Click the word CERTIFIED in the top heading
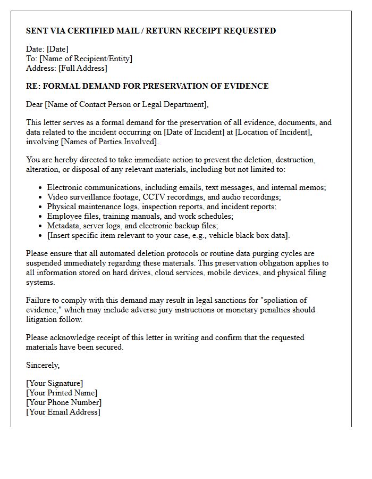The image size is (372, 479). pyautogui.click(x=95, y=31)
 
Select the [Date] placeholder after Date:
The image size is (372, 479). pyautogui.click(x=58, y=49)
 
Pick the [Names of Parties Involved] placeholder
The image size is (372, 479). pyautogui.click(x=109, y=142)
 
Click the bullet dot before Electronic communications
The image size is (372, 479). pyautogui.click(x=41, y=188)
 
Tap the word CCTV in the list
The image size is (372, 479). pyautogui.click(x=154, y=197)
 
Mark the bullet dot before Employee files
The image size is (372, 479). pyautogui.click(x=41, y=217)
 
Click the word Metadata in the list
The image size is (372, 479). pyautogui.click(x=63, y=226)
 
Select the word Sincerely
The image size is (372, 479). pyautogui.click(x=43, y=365)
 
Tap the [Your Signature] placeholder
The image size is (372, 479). pyautogui.click(x=54, y=383)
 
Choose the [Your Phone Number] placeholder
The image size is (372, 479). pyautogui.click(x=64, y=402)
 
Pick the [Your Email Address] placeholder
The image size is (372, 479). pyautogui.click(x=63, y=412)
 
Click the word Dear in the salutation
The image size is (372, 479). pyautogui.click(x=35, y=104)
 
